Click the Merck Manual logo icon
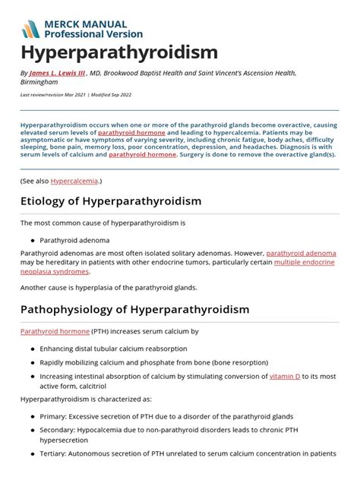click(x=30, y=29)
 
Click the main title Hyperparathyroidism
click(x=119, y=52)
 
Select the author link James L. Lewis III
click(x=55, y=73)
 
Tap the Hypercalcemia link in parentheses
click(x=74, y=181)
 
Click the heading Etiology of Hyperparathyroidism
click(x=111, y=201)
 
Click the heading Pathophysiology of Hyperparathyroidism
click(x=134, y=310)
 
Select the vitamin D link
click(x=285, y=376)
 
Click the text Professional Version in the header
click(x=93, y=34)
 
